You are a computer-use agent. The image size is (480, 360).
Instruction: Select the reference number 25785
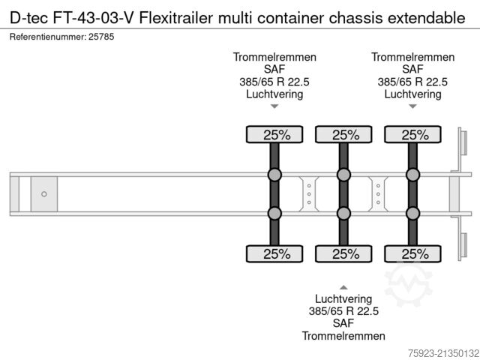[x=100, y=36]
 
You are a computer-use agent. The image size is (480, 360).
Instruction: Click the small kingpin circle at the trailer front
[x=43, y=194]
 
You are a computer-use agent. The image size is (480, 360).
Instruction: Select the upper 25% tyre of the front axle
[x=274, y=135]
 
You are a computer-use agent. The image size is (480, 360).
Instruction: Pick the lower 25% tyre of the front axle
[x=274, y=253]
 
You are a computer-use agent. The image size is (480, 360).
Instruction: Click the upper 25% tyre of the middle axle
[x=343, y=135]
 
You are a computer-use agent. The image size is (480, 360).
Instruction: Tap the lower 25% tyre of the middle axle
[x=343, y=253]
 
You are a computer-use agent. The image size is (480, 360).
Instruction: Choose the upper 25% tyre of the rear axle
[x=412, y=135]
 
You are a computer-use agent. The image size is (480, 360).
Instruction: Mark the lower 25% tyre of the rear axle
[x=412, y=253]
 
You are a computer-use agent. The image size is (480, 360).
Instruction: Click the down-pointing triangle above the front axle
[x=274, y=106]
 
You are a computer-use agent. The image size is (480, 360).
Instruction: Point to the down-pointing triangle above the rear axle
[x=412, y=106]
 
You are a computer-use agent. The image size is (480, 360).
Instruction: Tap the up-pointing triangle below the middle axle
[x=343, y=286]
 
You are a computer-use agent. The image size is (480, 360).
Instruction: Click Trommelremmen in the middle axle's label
[x=343, y=336]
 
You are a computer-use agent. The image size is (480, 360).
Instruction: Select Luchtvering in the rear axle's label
[x=412, y=94]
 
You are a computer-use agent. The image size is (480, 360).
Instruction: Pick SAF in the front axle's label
[x=274, y=70]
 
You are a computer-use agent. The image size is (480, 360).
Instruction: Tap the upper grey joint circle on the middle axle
[x=343, y=175]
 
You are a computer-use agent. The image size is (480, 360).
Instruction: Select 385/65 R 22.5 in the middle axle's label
[x=343, y=310]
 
